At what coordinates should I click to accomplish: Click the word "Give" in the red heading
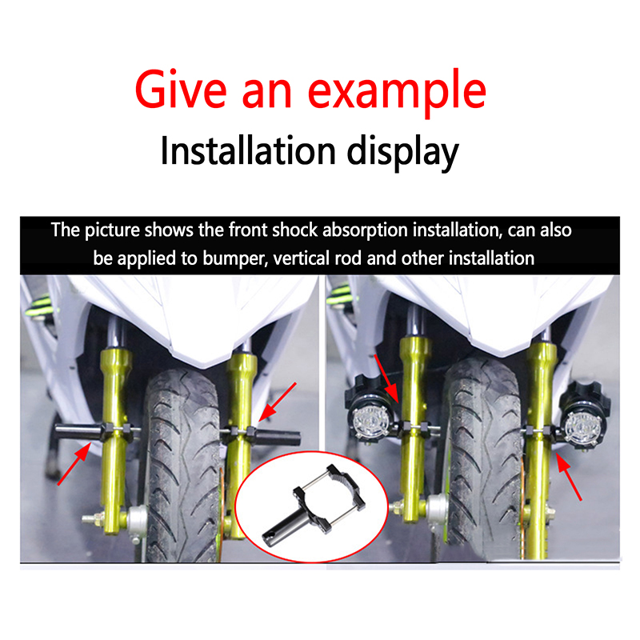pyautogui.click(x=181, y=90)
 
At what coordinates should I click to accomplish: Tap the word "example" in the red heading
pyautogui.click(x=397, y=94)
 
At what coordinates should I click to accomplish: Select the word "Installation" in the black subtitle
pyautogui.click(x=248, y=150)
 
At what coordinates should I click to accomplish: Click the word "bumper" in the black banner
pyautogui.click(x=234, y=258)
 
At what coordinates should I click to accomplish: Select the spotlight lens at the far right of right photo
pyautogui.click(x=584, y=427)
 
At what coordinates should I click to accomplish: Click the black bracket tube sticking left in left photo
pyautogui.click(x=78, y=432)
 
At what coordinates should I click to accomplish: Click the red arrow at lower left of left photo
pyautogui.click(x=74, y=464)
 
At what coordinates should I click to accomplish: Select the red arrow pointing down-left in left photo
pyautogui.click(x=278, y=402)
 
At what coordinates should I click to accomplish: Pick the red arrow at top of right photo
pyautogui.click(x=386, y=378)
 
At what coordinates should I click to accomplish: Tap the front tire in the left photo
pyautogui.click(x=182, y=466)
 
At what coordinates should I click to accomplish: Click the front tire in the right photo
pyautogui.click(x=482, y=457)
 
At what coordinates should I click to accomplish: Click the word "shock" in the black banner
pyautogui.click(x=294, y=230)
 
